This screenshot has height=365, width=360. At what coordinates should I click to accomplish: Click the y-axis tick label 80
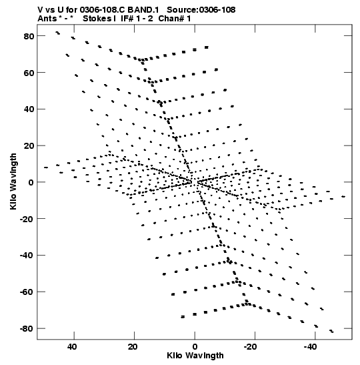click(x=29, y=36)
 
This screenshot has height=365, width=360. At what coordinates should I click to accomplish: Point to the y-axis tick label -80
click(x=27, y=329)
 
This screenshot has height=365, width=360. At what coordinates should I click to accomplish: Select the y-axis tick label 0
click(x=31, y=183)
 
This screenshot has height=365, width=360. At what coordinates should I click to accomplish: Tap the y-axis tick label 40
click(x=29, y=109)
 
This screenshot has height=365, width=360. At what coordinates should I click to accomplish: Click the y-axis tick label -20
click(x=27, y=219)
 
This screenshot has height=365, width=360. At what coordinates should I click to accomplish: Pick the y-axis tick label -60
click(x=27, y=292)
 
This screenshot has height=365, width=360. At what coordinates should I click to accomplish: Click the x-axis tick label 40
click(x=72, y=347)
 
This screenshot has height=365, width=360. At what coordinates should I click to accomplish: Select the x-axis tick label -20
click(x=250, y=347)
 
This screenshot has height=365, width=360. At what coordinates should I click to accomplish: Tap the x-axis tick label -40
click(x=311, y=347)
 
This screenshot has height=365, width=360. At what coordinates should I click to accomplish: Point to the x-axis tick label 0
click(x=195, y=347)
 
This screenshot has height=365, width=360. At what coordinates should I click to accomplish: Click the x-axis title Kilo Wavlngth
click(x=195, y=356)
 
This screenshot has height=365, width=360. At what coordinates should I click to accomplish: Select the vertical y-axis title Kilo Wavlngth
click(x=13, y=181)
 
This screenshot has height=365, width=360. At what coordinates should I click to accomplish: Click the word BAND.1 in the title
click(x=143, y=10)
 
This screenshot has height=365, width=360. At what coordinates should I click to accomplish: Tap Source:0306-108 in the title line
click(x=201, y=10)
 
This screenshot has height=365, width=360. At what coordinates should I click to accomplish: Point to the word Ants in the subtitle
click(x=47, y=19)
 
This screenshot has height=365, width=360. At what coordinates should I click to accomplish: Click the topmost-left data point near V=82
click(x=57, y=33)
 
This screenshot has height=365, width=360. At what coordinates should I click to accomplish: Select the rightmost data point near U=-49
click(x=343, y=197)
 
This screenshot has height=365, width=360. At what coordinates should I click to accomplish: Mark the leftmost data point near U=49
click(x=46, y=167)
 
